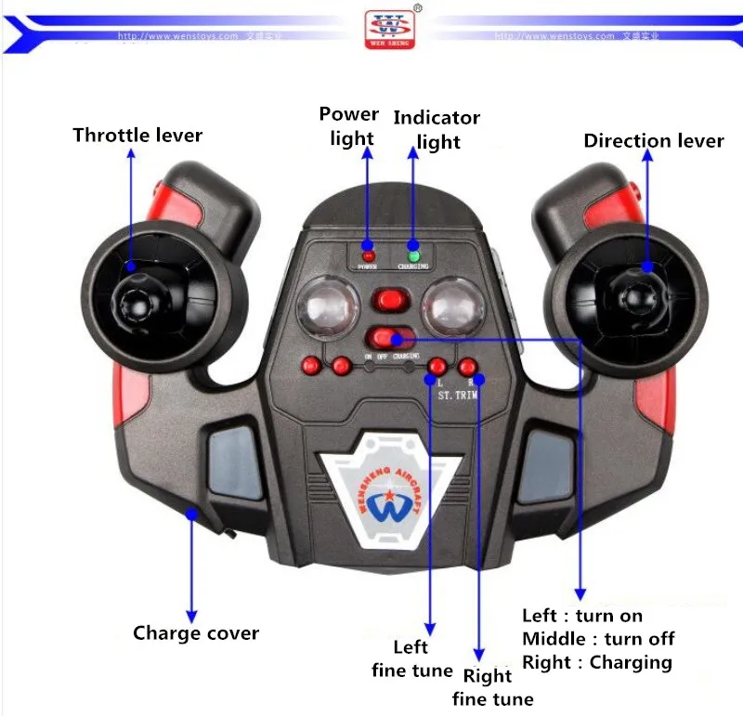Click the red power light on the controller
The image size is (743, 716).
pos(368,254)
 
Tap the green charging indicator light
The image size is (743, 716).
pos(414,254)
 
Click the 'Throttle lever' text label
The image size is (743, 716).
pos(137,136)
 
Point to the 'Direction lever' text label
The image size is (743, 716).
pos(653,141)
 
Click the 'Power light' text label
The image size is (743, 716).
pos(348,126)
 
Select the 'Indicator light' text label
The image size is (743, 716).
pos(437,129)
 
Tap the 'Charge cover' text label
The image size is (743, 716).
pos(195,633)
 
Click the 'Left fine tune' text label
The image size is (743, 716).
pos(411,658)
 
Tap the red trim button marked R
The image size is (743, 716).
pos(468,367)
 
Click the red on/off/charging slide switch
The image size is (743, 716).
pos(386,337)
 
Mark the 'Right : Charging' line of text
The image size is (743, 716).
pos(596,662)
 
